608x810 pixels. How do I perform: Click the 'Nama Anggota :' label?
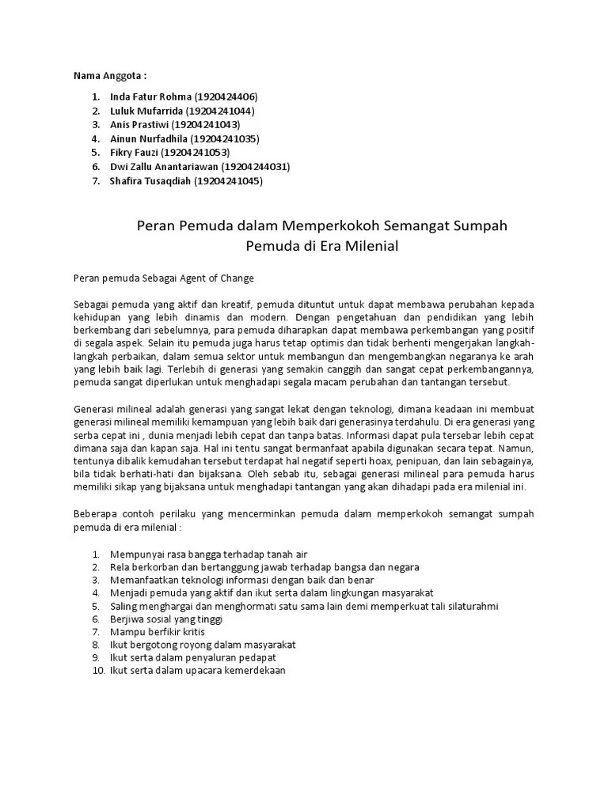click(110, 75)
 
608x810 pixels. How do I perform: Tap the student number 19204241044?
click(224, 111)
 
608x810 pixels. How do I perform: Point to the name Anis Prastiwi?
click(140, 125)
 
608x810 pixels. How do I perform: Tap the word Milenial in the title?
click(369, 246)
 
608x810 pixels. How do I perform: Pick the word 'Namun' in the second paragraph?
click(515, 448)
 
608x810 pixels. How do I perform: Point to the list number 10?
click(97, 671)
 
